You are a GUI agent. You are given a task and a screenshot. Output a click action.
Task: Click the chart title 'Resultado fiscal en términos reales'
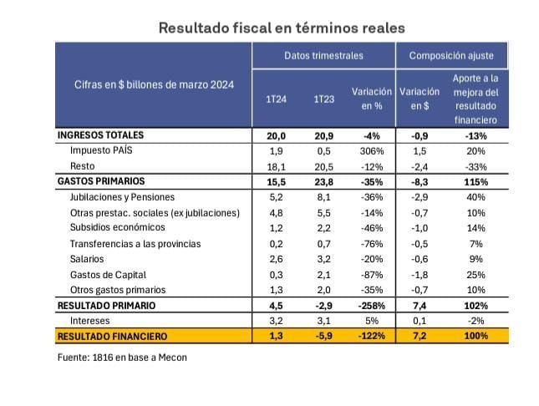click(282, 28)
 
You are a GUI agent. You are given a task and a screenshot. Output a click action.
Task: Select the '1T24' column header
click(277, 99)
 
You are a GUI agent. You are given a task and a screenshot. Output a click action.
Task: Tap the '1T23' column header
click(324, 99)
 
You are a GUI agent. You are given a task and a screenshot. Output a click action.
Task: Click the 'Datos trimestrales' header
click(323, 56)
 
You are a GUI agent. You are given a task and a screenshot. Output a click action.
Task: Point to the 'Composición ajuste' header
click(451, 56)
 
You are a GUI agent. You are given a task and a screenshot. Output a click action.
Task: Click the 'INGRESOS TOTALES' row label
click(100, 135)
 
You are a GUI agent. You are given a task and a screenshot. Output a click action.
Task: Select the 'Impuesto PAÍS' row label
click(101, 151)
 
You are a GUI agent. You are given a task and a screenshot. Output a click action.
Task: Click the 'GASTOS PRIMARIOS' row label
click(101, 181)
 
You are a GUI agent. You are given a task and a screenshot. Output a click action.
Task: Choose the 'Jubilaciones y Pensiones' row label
click(122, 197)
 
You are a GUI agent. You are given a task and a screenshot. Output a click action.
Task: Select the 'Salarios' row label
click(88, 259)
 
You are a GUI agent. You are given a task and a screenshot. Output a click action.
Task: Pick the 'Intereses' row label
click(90, 321)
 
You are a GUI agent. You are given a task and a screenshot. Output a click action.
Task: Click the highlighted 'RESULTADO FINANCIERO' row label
click(112, 336)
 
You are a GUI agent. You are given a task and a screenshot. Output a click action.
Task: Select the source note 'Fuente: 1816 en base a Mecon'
click(122, 358)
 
